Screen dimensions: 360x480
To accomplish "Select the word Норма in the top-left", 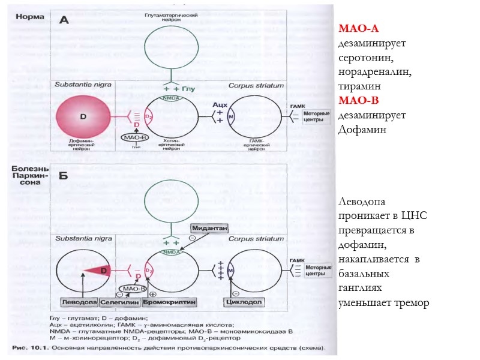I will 29,16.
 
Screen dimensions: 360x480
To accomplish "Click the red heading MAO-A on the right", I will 359,28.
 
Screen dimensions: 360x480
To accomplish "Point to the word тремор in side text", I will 412,303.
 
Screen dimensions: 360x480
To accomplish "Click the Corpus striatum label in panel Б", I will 255,238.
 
